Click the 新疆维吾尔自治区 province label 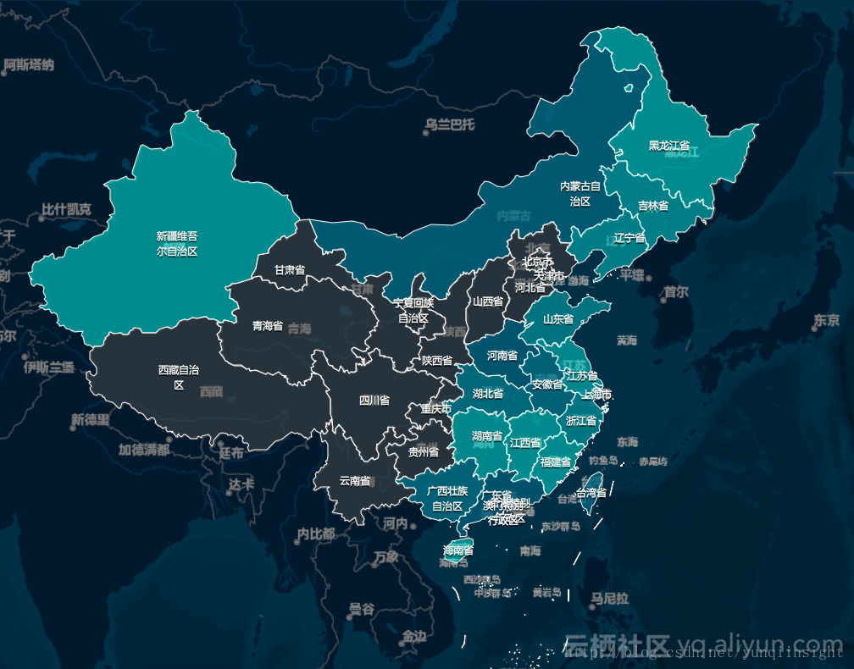(177, 244)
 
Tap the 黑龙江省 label (668, 146)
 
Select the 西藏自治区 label (178, 378)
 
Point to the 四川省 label (374, 401)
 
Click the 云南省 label (354, 481)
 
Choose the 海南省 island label (457, 550)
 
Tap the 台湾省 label (591, 492)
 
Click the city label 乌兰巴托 (450, 125)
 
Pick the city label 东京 (825, 320)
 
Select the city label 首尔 (675, 292)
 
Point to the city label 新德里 (89, 420)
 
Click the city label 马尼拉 (610, 599)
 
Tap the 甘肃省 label (289, 270)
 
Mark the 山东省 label (558, 319)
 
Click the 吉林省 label (652, 206)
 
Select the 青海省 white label (267, 325)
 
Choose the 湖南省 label (487, 436)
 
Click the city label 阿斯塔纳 (29, 64)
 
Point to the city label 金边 (414, 635)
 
